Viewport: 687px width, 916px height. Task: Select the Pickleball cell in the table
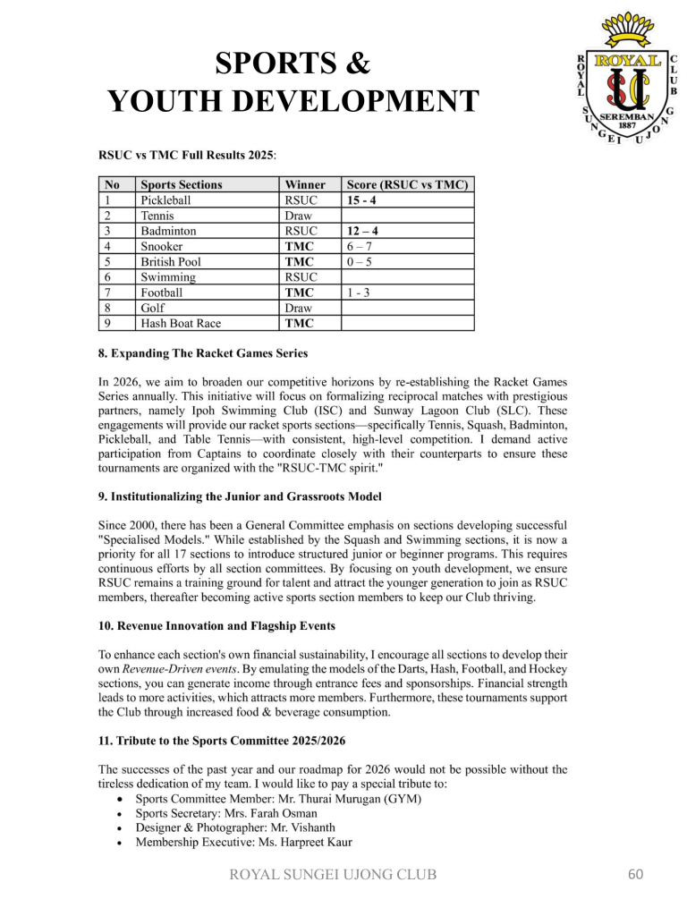(x=166, y=200)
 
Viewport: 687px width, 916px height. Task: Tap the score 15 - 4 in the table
(x=361, y=200)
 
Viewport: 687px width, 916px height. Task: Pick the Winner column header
(x=305, y=185)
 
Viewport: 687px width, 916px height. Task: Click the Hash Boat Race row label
(x=181, y=323)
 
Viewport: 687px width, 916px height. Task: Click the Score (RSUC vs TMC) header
(x=408, y=185)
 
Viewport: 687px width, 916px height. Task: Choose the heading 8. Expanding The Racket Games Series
(x=202, y=353)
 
